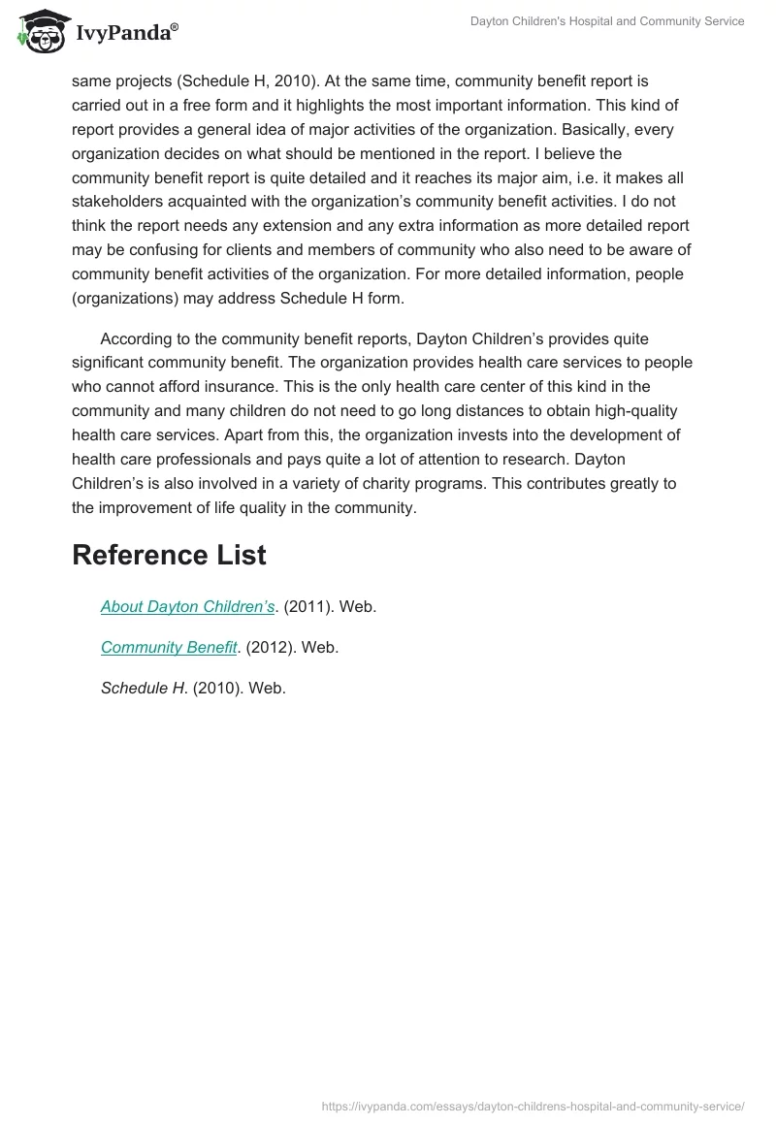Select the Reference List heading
[x=169, y=555]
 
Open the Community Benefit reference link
[x=169, y=648]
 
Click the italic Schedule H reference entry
[x=144, y=689]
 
